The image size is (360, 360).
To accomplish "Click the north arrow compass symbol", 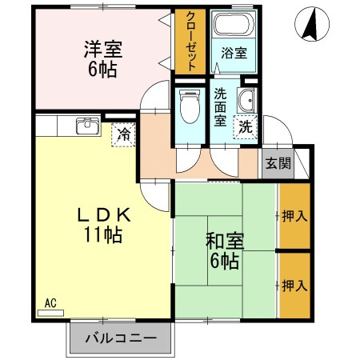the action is click(312, 24).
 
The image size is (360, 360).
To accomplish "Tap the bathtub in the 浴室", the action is click(234, 24).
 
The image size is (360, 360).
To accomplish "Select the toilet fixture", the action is click(190, 106).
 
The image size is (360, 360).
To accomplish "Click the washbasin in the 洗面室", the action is click(246, 101).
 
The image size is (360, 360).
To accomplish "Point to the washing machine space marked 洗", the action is click(246, 127).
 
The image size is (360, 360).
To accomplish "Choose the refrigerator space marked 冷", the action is click(123, 134).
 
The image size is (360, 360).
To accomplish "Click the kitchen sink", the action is click(88, 126).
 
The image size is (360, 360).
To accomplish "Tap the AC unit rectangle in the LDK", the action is click(50, 313).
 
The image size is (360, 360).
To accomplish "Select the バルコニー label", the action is click(121, 338).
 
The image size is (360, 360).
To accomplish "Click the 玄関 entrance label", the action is click(278, 163).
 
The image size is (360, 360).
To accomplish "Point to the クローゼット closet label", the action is click(191, 42).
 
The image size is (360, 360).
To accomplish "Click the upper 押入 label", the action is click(294, 216).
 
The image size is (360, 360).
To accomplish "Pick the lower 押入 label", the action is click(294, 286).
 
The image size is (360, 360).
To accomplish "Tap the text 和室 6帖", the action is click(225, 250).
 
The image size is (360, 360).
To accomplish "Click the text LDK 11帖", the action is click(104, 225).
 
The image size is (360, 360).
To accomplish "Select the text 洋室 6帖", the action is click(103, 58).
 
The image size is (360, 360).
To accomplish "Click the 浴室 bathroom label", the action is click(234, 53).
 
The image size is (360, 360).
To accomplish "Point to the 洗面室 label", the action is click(220, 107).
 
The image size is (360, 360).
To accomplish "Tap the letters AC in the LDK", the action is click(50, 303).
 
